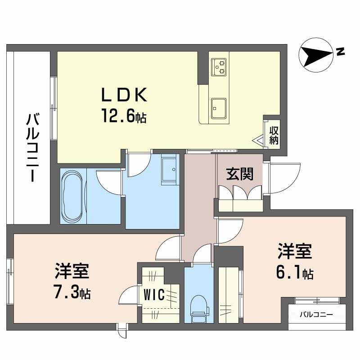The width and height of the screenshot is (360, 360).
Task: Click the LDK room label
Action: (x=124, y=95)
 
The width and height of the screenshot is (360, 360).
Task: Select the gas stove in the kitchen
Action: (x=219, y=67)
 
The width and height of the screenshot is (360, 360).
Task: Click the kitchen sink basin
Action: (x=219, y=108)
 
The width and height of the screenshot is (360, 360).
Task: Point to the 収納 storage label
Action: (x=274, y=135)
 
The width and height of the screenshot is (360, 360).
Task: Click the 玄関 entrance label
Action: (x=240, y=174)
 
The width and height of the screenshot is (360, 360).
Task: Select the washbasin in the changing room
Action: (x=170, y=170)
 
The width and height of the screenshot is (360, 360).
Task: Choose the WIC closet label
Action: (x=154, y=295)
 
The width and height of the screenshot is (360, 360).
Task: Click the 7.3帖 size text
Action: (x=72, y=292)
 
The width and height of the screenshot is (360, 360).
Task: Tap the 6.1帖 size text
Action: (x=295, y=272)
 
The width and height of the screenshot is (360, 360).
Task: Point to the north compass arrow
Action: (x=316, y=55)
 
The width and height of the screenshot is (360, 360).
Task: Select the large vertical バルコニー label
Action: (x=32, y=148)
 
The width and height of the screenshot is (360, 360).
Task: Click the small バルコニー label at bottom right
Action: (x=316, y=315)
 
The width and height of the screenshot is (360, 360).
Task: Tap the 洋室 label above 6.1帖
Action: (x=295, y=252)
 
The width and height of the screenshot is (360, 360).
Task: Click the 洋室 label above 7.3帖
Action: (x=72, y=271)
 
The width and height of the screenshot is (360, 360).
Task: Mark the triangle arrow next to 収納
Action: (x=258, y=140)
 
